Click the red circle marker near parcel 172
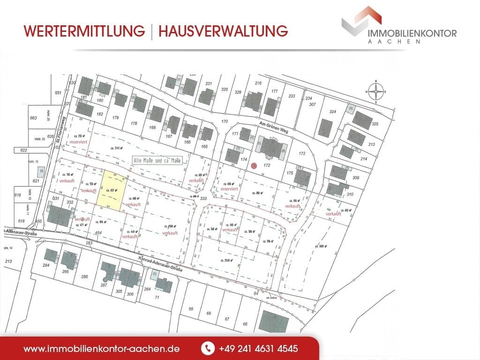(254, 165)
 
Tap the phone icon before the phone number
(207, 349)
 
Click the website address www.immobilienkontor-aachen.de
(102, 349)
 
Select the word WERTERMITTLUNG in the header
(84, 31)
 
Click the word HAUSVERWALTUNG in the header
(223, 31)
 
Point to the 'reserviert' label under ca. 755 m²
(79, 141)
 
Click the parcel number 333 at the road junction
(203, 199)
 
